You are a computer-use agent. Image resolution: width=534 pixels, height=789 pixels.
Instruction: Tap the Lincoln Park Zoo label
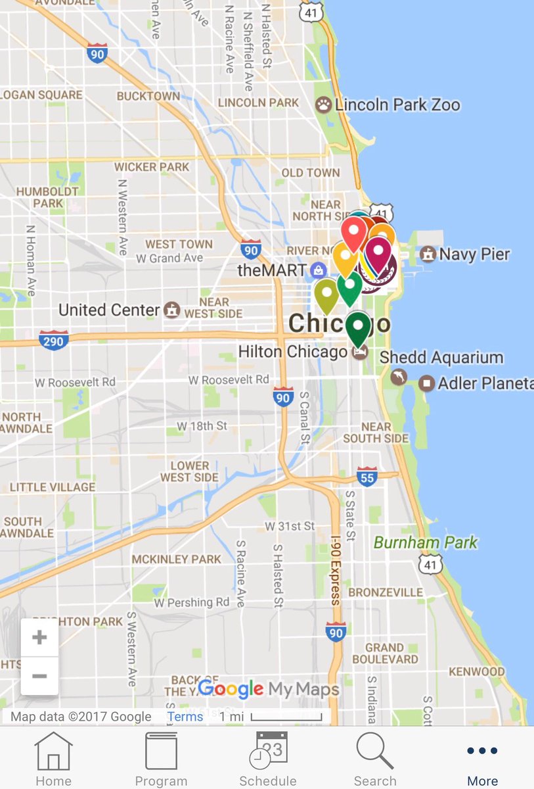click(x=397, y=105)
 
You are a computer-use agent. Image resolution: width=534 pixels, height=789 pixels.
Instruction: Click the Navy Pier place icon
click(x=428, y=254)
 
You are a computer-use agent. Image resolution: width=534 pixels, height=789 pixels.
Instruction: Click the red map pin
click(x=353, y=231)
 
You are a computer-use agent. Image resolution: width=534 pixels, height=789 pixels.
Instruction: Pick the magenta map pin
click(x=378, y=251)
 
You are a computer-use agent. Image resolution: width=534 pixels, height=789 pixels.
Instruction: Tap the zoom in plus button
click(x=39, y=637)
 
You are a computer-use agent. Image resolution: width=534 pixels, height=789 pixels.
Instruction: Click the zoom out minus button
click(x=39, y=676)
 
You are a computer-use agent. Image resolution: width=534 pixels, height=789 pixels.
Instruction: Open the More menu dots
click(x=482, y=751)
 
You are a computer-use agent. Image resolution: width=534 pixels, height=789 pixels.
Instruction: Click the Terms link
click(x=185, y=717)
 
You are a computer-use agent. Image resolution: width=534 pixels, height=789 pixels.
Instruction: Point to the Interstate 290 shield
click(x=53, y=341)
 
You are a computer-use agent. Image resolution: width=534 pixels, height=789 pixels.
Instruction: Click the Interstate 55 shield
click(x=367, y=477)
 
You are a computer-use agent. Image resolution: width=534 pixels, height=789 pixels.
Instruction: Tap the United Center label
click(x=110, y=310)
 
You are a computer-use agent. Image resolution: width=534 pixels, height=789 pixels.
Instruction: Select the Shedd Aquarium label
click(x=441, y=358)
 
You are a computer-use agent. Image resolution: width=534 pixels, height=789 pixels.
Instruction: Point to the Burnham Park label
click(x=426, y=543)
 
